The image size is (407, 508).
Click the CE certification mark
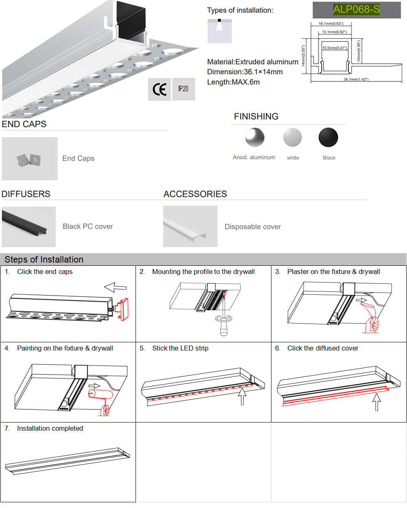159,89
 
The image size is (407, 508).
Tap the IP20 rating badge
183,89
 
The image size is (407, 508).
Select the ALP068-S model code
356,9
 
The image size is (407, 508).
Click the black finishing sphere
328,138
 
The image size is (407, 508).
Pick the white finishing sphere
292,138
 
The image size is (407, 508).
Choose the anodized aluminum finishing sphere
255,138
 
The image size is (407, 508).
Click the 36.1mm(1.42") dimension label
356,79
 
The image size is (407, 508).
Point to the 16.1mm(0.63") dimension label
330,24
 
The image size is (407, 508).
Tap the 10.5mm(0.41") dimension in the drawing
335,48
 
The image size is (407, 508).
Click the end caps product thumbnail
30,159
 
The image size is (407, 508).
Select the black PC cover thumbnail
28,227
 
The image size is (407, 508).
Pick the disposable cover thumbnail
190,227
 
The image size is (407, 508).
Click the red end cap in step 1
122,309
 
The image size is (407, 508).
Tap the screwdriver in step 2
223,322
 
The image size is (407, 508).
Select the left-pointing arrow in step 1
116,287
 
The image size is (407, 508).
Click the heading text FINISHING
256,116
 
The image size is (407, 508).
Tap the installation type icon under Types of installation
219,31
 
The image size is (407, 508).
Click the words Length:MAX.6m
233,82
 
